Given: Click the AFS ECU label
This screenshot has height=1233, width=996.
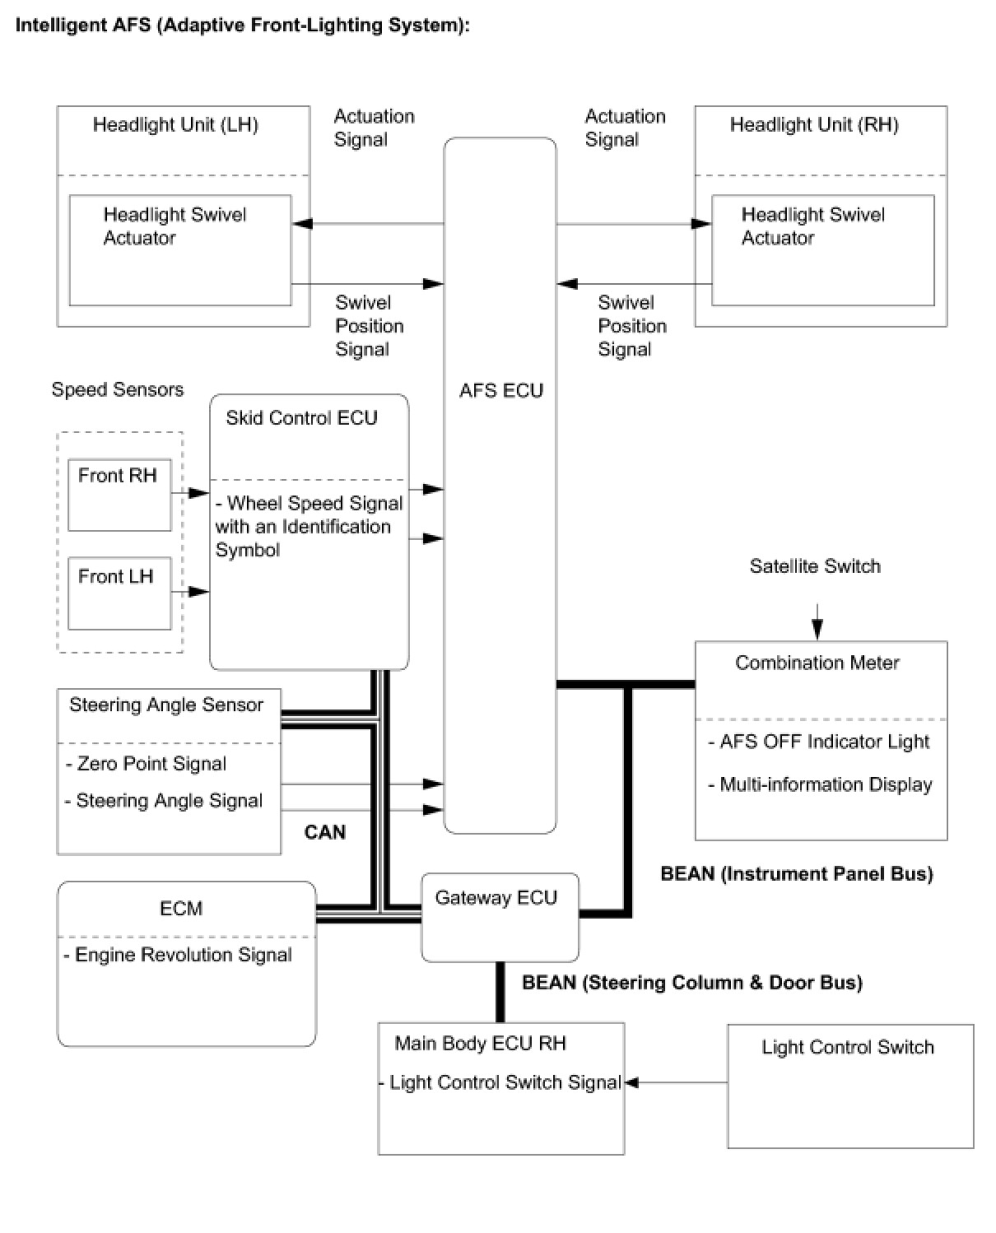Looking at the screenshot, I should click(501, 390).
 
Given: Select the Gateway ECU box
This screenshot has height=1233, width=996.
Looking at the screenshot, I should click(500, 918).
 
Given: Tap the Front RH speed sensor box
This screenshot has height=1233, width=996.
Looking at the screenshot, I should click(119, 495).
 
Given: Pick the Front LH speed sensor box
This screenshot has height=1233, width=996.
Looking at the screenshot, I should click(119, 593).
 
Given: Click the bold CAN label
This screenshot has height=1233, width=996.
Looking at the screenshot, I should click(325, 832).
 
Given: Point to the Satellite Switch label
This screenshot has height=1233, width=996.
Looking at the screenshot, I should click(815, 566).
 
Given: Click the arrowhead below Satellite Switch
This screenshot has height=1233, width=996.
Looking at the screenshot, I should click(817, 630).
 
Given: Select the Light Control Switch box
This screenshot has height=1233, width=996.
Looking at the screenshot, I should click(850, 1086).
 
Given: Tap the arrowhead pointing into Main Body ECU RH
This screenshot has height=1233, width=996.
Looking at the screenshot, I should click(631, 1082).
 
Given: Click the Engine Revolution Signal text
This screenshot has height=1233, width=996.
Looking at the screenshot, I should click(183, 955).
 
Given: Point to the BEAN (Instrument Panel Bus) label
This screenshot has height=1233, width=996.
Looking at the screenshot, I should click(797, 874).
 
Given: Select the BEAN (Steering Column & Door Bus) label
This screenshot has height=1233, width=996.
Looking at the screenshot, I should click(692, 983).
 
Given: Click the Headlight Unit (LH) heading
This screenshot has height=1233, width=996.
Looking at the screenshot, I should click(175, 125).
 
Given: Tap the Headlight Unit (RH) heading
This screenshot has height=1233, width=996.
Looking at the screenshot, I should click(814, 125).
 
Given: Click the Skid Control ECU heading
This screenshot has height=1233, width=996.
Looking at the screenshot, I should click(301, 418).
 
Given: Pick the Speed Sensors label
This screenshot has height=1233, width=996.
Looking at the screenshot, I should click(118, 390).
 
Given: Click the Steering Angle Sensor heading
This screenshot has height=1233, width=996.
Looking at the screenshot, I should click(166, 705).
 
